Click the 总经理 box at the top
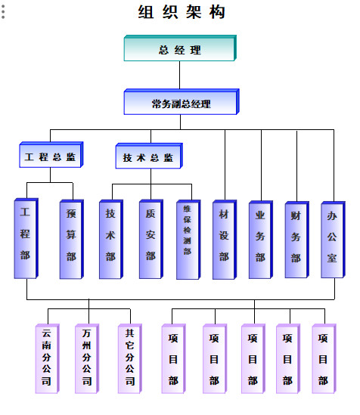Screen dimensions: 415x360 pos(180,50)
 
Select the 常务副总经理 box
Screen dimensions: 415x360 pos(181,104)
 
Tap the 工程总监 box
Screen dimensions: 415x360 pos(51,157)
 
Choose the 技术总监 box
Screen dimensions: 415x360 pos(148,157)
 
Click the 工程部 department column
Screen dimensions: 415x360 pos(26,239)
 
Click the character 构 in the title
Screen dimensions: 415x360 pos(218,12)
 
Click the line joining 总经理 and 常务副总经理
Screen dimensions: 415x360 pos(180,76)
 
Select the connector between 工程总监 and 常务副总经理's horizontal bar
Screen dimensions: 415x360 pos(51,136)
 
